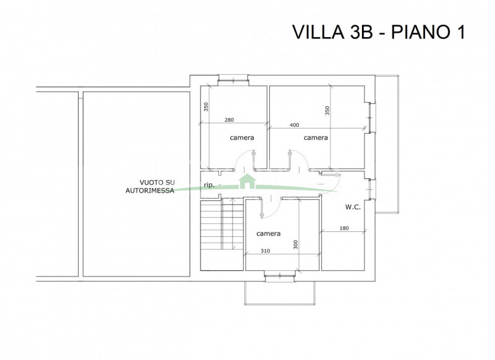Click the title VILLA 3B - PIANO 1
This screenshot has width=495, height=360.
click(x=379, y=32)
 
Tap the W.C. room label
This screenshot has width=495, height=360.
click(x=353, y=207)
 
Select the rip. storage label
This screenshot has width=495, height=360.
click(x=209, y=185)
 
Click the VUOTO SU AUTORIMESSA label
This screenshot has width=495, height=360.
click(x=150, y=186)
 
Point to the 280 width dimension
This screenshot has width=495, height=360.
click(x=229, y=120)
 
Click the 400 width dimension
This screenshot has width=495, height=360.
click(x=295, y=125)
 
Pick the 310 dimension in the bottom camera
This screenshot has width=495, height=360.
click(x=265, y=251)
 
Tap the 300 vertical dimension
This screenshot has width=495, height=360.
click(x=296, y=244)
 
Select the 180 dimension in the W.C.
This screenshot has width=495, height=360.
click(x=344, y=228)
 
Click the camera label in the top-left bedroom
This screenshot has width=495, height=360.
click(x=242, y=137)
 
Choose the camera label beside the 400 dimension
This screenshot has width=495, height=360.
click(x=316, y=137)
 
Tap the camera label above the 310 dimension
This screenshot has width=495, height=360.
click(x=269, y=233)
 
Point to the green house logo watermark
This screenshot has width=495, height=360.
click(x=246, y=181)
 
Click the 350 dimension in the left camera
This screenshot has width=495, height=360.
click(x=206, y=107)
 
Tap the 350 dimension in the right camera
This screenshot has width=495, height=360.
click(x=327, y=111)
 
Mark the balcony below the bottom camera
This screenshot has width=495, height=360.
click(x=280, y=293)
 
